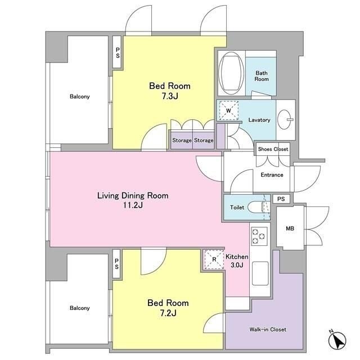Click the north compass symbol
click(x=337, y=340)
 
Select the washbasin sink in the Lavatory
click(x=285, y=120)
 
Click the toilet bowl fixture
click(x=256, y=208)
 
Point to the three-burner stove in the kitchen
click(x=259, y=236)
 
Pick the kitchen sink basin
click(x=260, y=273)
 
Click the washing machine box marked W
click(x=228, y=111)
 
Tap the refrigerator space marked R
click(x=214, y=259)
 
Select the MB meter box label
click(x=290, y=228)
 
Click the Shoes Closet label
click(x=273, y=149)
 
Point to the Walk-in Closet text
click(x=268, y=330)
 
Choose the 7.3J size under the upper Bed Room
click(x=170, y=96)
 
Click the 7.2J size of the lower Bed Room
click(x=168, y=313)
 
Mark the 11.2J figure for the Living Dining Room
click(x=133, y=205)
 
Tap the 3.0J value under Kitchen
click(x=237, y=265)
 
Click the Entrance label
click(x=272, y=175)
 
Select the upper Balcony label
click(x=80, y=96)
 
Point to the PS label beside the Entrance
click(x=281, y=199)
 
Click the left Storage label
click(x=182, y=140)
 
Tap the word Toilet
click(x=237, y=208)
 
